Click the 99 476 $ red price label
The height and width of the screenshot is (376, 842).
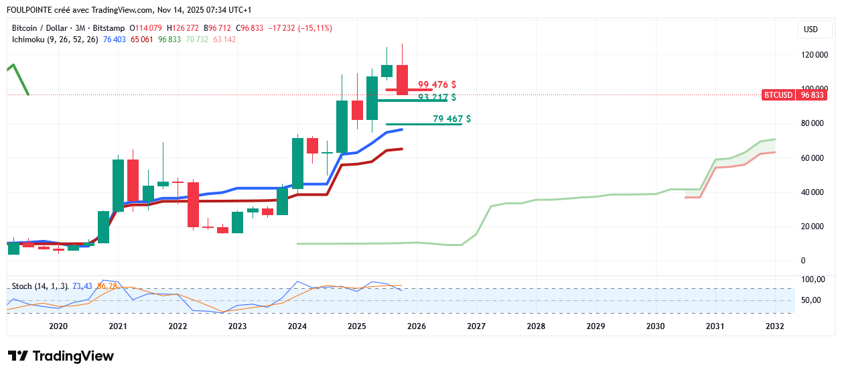click(x=437, y=85)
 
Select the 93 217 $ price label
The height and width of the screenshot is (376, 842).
click(x=437, y=97)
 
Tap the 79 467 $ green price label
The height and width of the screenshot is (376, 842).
click(x=451, y=119)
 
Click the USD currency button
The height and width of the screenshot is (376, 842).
click(x=811, y=29)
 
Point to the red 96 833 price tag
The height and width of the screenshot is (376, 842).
click(x=811, y=95)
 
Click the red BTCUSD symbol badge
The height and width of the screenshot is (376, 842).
click(x=778, y=95)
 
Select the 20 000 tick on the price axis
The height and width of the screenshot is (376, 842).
click(x=816, y=227)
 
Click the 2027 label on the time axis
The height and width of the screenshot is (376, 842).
click(x=476, y=326)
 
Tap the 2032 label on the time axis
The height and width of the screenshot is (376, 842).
click(x=774, y=326)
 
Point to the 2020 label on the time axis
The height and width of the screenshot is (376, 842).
click(x=58, y=326)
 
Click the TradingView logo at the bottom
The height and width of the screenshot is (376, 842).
click(x=61, y=356)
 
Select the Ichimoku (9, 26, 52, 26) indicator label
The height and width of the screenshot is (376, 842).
click(x=55, y=40)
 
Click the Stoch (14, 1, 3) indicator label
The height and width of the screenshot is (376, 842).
click(x=40, y=286)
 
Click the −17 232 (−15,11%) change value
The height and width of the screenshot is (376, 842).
click(x=300, y=28)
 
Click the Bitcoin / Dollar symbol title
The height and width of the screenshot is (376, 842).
click(x=40, y=28)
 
